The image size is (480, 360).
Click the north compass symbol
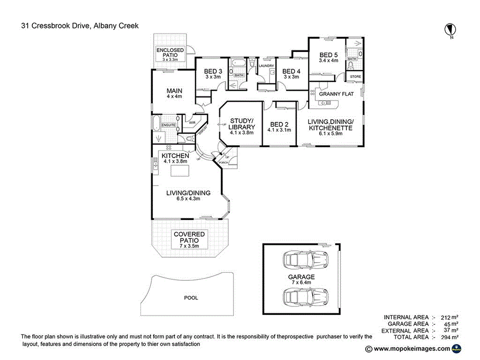(x=450, y=30)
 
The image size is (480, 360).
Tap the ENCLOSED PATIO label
(x=170, y=52)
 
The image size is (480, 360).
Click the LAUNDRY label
(x=266, y=66)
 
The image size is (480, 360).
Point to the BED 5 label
(x=328, y=54)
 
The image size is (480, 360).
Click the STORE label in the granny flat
(x=355, y=76)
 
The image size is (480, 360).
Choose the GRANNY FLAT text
(x=336, y=94)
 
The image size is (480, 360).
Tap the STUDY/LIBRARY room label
(x=241, y=124)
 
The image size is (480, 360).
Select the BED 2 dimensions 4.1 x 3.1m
(x=279, y=130)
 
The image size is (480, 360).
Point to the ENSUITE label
(x=168, y=126)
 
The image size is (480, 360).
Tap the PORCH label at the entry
(x=223, y=163)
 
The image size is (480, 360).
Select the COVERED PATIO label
(x=189, y=237)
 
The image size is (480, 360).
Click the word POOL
(x=191, y=298)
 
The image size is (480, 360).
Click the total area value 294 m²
(x=450, y=337)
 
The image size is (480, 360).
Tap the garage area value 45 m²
(x=450, y=324)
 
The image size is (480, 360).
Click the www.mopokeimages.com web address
(x=411, y=349)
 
